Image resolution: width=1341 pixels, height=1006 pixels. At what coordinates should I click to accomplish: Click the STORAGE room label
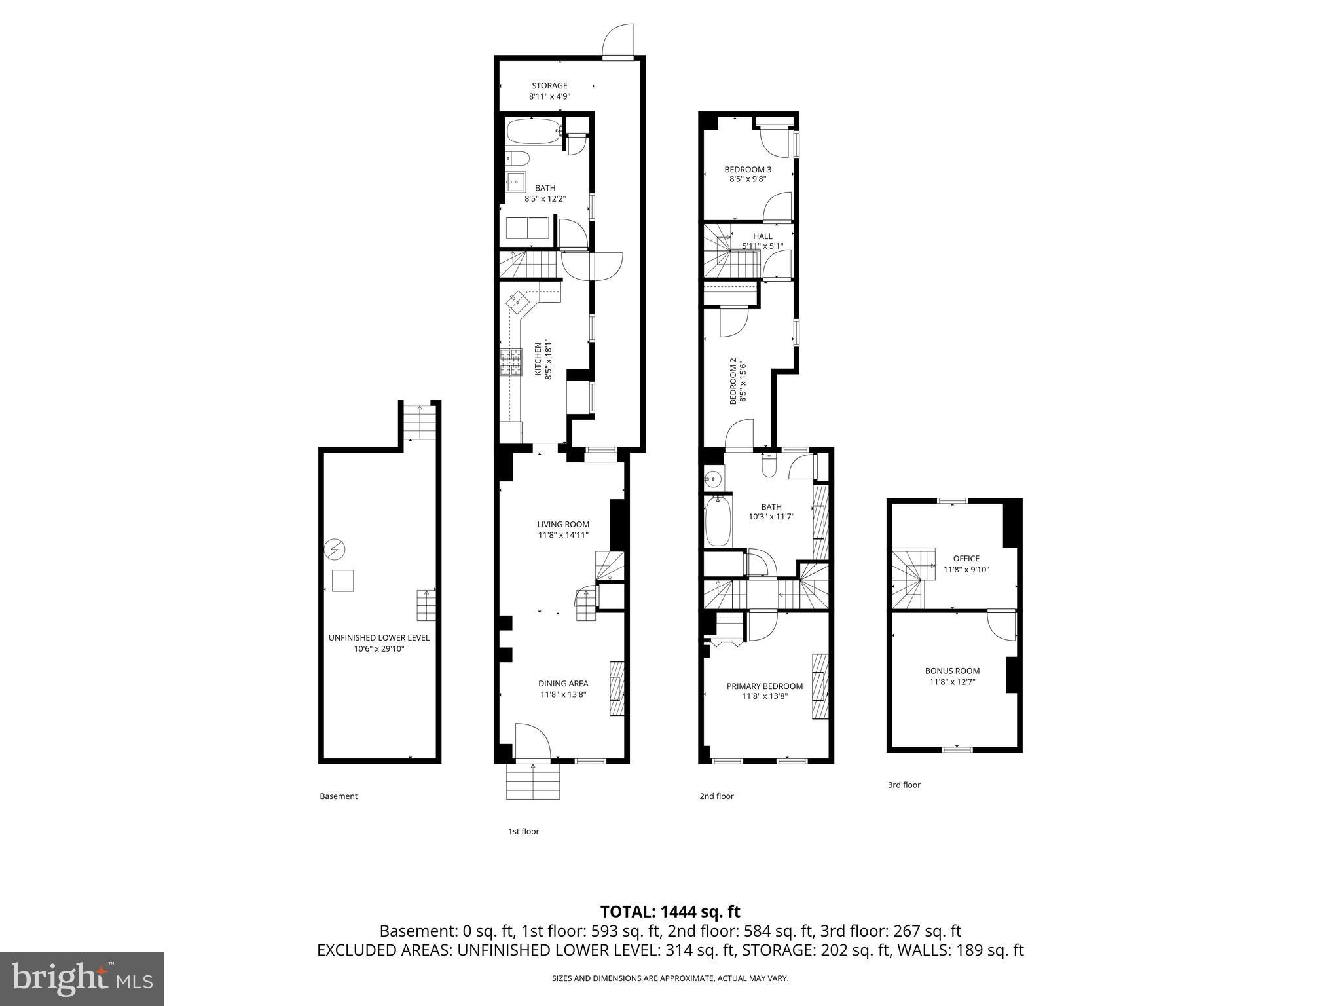point(549,86)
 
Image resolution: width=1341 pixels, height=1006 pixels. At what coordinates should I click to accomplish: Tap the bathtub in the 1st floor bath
point(534,132)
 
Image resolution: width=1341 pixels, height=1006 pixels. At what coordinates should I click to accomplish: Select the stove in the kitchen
point(511,362)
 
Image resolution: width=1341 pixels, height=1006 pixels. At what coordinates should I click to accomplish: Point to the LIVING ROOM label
point(563,524)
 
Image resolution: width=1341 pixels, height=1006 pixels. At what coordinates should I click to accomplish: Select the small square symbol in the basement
point(342,581)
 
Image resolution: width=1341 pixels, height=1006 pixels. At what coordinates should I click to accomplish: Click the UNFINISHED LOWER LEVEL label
point(378,637)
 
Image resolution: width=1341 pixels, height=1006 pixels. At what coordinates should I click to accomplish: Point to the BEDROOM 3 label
point(747,169)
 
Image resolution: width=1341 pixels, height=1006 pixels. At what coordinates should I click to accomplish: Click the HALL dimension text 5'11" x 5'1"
point(762,246)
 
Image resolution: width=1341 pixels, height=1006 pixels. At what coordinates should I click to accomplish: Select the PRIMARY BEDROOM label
point(764,686)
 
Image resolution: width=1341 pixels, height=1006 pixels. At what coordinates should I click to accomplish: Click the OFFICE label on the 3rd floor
point(966,559)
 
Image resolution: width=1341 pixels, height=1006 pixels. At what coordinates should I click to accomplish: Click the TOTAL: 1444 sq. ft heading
point(670,912)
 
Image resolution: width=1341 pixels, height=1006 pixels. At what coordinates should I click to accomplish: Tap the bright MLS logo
point(82,979)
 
